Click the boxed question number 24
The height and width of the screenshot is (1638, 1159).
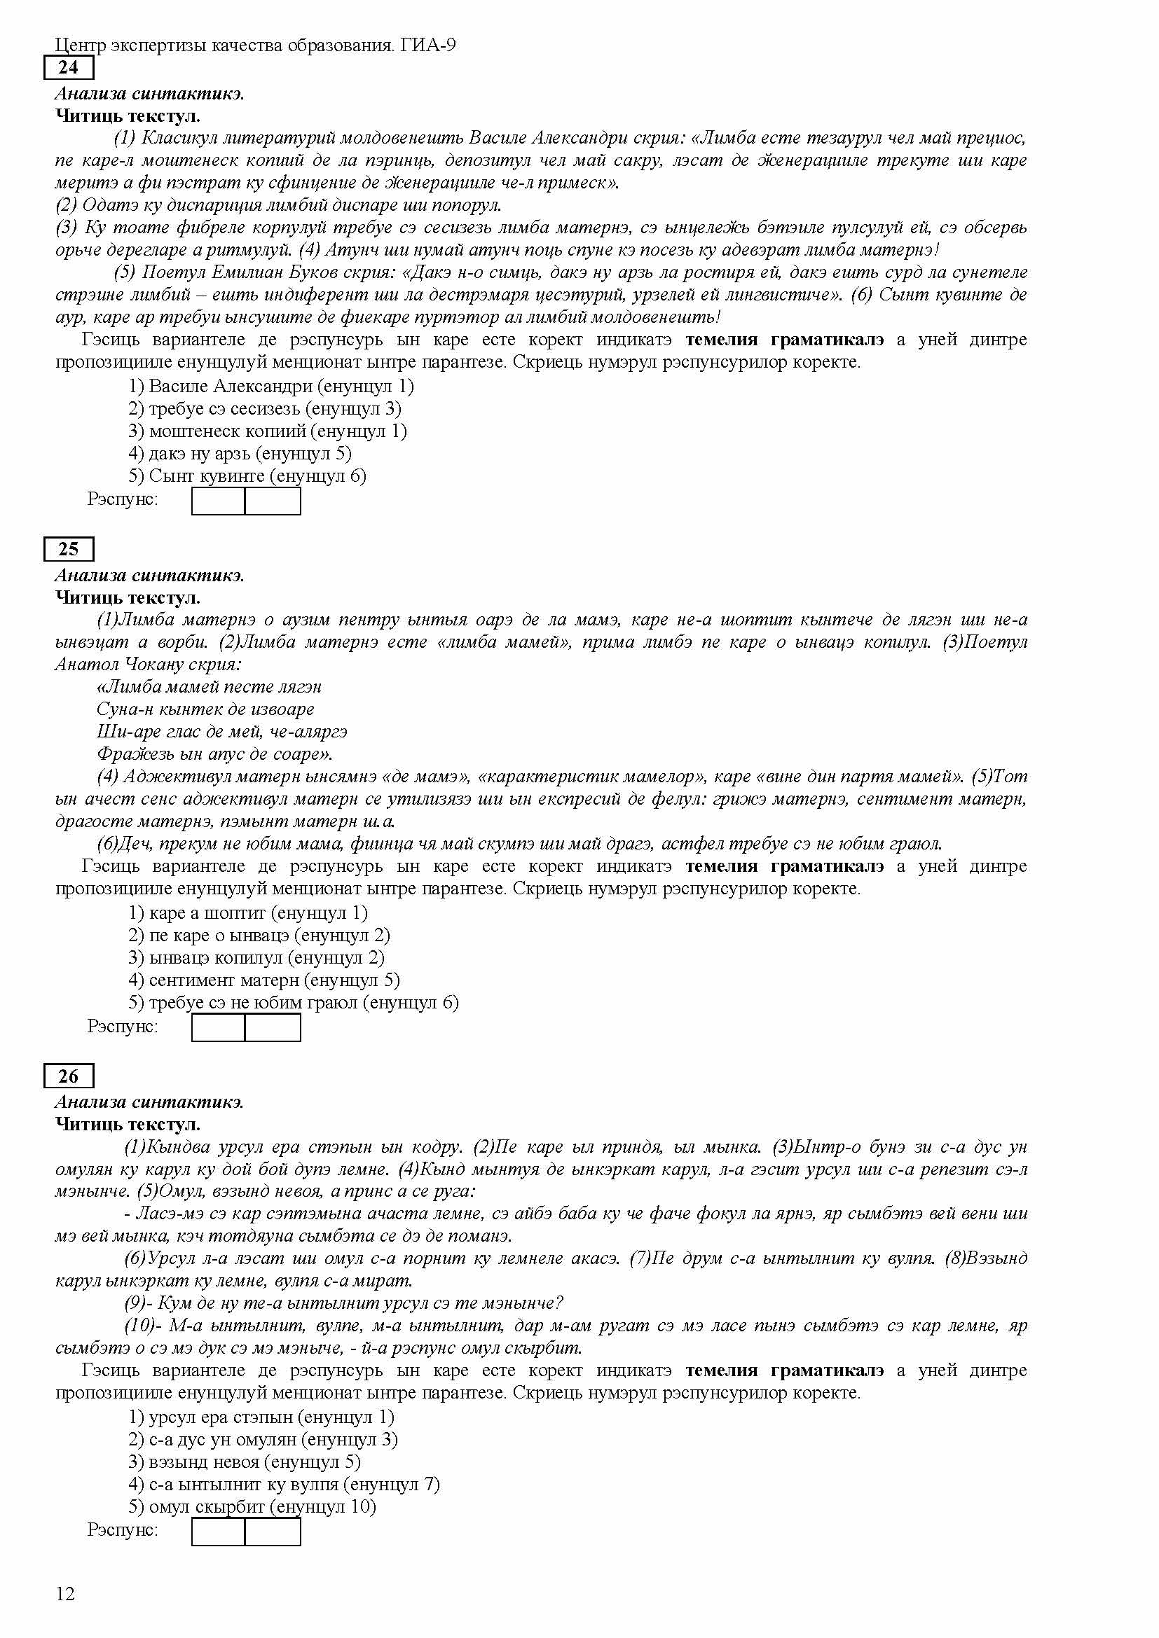click(x=69, y=68)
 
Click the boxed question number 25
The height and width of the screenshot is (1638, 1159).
click(x=69, y=548)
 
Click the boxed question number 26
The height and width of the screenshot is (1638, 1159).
click(x=69, y=1076)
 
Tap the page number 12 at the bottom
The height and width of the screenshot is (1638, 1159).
click(x=65, y=1594)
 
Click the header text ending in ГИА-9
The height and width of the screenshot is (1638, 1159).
click(x=256, y=46)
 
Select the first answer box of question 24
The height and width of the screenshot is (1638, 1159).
click(x=219, y=501)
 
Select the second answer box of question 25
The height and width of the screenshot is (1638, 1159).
click(x=273, y=1027)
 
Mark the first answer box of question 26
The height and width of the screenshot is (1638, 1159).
click(x=219, y=1532)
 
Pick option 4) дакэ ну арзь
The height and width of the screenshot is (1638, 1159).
click(x=240, y=453)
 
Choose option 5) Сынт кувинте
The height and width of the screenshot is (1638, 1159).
click(x=247, y=476)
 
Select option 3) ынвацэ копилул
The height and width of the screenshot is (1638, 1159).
click(x=256, y=957)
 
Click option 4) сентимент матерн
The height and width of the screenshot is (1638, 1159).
click(x=264, y=980)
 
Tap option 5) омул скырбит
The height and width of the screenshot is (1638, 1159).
click(x=252, y=1506)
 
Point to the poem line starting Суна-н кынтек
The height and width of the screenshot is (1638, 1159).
click(x=205, y=709)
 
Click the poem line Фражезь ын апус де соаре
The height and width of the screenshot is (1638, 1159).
click(x=214, y=754)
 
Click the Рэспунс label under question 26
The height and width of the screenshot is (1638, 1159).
click(x=122, y=1529)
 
